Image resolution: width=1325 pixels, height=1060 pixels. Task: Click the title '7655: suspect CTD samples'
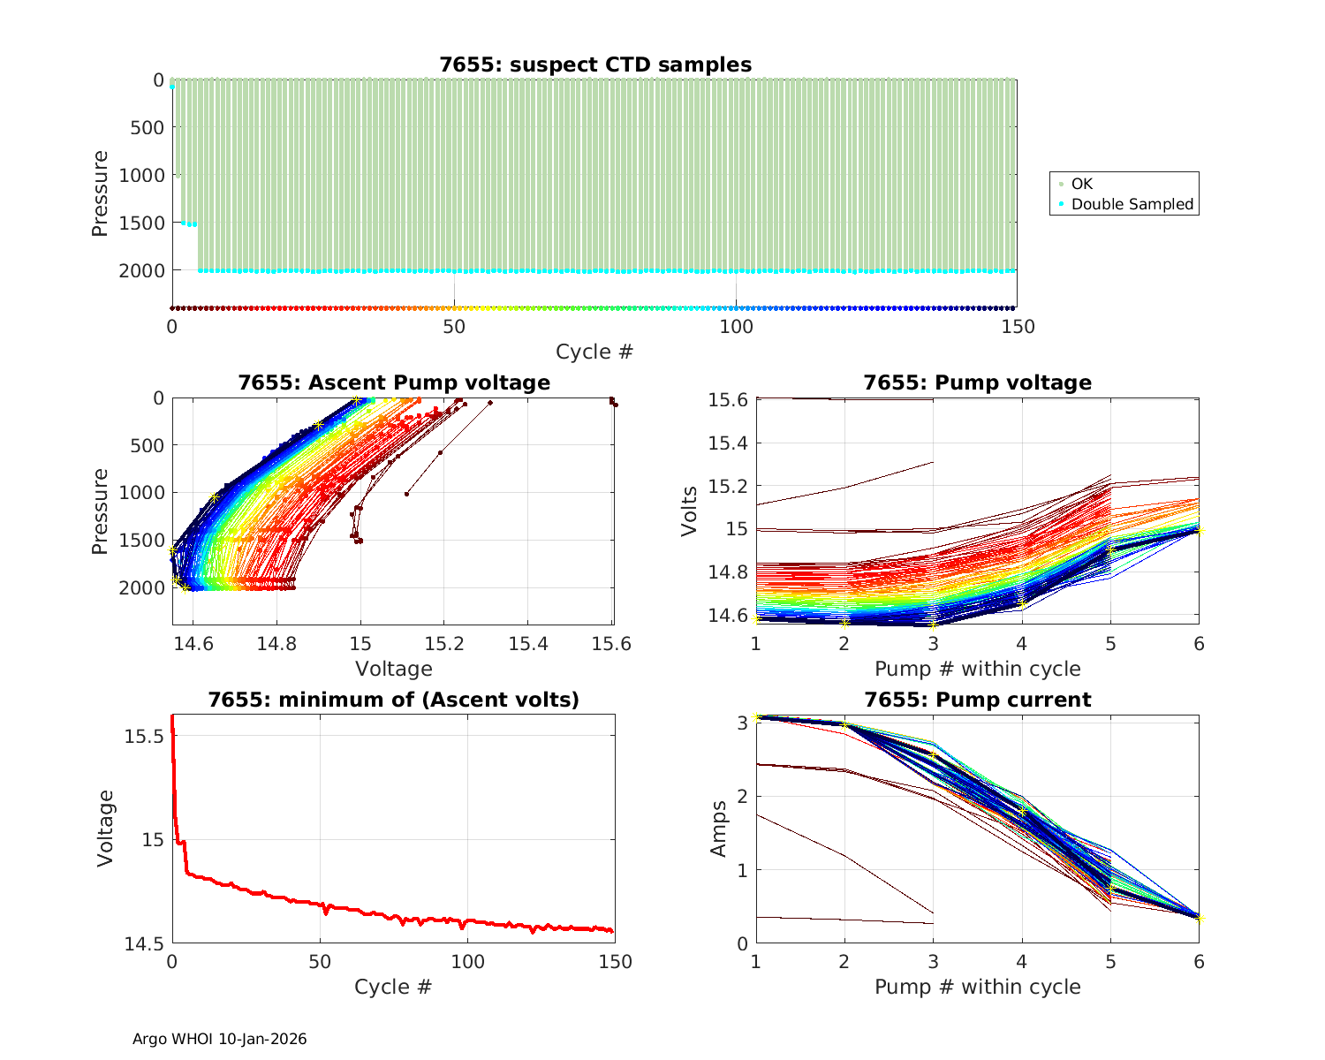[x=595, y=64]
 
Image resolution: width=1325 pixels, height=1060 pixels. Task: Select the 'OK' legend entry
[x=1081, y=184]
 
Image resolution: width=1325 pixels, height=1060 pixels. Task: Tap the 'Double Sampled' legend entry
[x=1132, y=204]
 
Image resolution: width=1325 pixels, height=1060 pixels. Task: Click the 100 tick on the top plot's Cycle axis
[x=736, y=327]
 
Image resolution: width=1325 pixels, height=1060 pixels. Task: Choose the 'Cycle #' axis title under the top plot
[x=594, y=352]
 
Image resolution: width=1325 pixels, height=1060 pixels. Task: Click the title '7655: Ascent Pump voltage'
[x=393, y=382]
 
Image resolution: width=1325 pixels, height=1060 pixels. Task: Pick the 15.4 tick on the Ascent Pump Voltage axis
[x=527, y=644]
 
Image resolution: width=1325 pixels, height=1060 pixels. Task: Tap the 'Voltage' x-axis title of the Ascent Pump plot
[x=393, y=669]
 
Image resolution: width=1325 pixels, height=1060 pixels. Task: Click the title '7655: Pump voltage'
[x=977, y=382]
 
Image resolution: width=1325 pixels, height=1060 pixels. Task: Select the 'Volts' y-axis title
[x=690, y=511]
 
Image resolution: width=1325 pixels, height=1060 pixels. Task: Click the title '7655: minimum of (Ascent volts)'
[x=393, y=700]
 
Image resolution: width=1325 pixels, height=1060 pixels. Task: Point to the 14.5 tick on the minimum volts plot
[x=144, y=944]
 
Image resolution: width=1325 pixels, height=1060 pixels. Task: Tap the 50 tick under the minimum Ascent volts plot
[x=320, y=962]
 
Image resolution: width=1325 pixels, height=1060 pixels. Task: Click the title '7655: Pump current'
[x=977, y=700]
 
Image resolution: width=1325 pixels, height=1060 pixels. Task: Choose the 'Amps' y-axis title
[x=719, y=829]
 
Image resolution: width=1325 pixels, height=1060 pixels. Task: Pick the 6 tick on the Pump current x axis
[x=1199, y=962]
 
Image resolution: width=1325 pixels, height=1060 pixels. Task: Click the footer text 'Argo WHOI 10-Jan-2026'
[x=220, y=1039]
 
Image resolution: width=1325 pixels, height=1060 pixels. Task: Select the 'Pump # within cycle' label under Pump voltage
[x=977, y=669]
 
